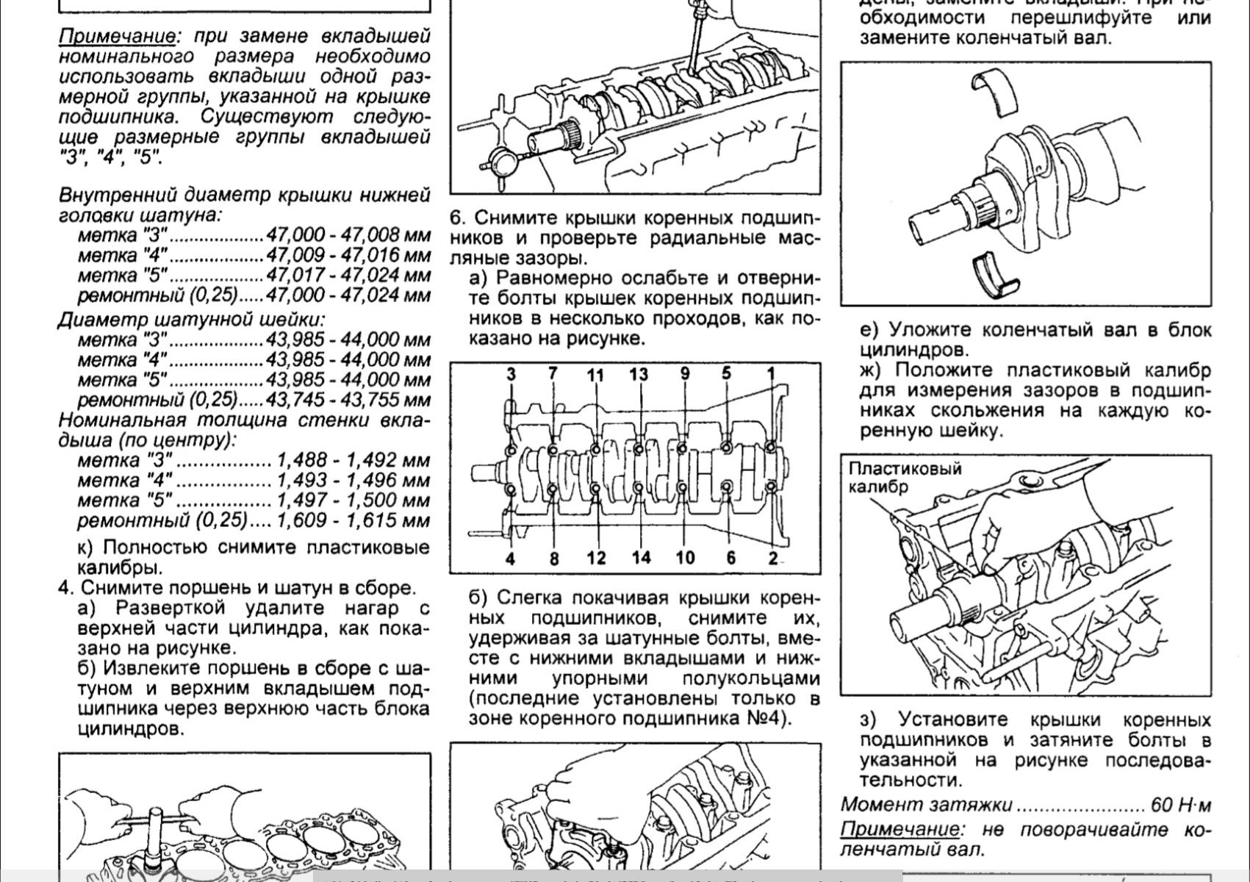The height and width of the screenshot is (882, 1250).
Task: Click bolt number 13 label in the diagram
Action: (x=639, y=374)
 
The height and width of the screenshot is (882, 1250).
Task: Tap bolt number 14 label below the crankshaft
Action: (x=641, y=557)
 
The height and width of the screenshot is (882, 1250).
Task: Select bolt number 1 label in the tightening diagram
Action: (x=771, y=374)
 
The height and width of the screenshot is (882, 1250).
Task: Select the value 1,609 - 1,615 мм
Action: (x=352, y=520)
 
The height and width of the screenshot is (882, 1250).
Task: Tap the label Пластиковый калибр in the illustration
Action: (x=905, y=478)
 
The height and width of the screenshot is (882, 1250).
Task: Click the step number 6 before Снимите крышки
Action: (x=457, y=219)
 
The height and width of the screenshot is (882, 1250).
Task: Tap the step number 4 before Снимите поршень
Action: (x=65, y=588)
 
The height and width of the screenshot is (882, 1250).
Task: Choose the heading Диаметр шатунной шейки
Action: (x=191, y=320)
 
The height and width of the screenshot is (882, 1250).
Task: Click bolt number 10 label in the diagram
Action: (x=685, y=557)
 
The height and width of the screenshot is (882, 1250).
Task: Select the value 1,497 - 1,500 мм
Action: (x=352, y=501)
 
